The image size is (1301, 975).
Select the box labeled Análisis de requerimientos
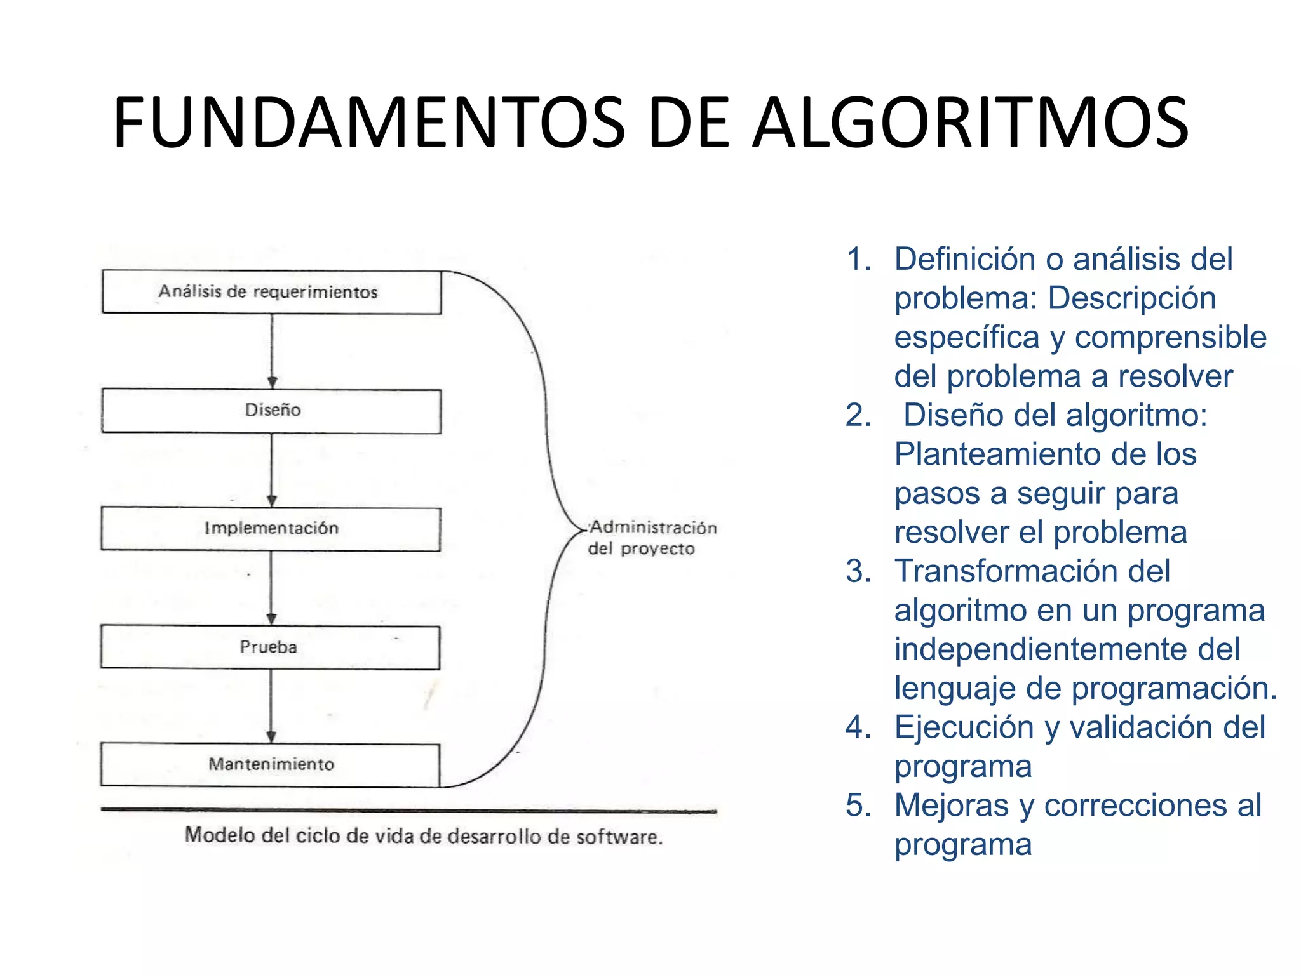tap(271, 292)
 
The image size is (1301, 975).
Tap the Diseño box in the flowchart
tap(271, 411)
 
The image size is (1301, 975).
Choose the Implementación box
tap(271, 529)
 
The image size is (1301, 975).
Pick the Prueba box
tap(270, 647)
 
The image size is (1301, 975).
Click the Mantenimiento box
tap(270, 765)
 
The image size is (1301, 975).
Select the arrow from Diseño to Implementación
tap(272, 470)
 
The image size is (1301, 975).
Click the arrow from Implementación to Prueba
tap(271, 588)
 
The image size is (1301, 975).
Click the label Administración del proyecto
tap(650, 538)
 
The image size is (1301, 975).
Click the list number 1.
tap(858, 260)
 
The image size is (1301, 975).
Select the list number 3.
tap(858, 571)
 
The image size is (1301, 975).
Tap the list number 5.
tap(858, 806)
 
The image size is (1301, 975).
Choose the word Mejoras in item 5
tap(952, 806)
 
